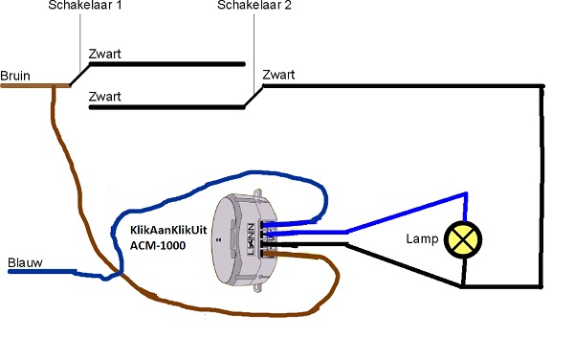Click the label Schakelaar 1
(x=85, y=5)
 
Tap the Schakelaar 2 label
(x=254, y=5)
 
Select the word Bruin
(x=15, y=76)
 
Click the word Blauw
(x=25, y=262)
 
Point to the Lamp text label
(x=422, y=238)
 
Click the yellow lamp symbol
(x=463, y=239)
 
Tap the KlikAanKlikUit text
(x=168, y=230)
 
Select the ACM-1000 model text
(x=158, y=245)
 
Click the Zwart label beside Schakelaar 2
(x=278, y=75)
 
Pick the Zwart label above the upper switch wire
(x=104, y=54)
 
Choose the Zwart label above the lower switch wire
(x=104, y=97)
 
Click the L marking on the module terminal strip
(x=251, y=252)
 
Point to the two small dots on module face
(x=219, y=240)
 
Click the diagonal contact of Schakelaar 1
(x=79, y=75)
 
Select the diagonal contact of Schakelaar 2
(x=254, y=97)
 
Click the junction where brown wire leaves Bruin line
(x=54, y=86)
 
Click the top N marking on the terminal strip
(x=251, y=226)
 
